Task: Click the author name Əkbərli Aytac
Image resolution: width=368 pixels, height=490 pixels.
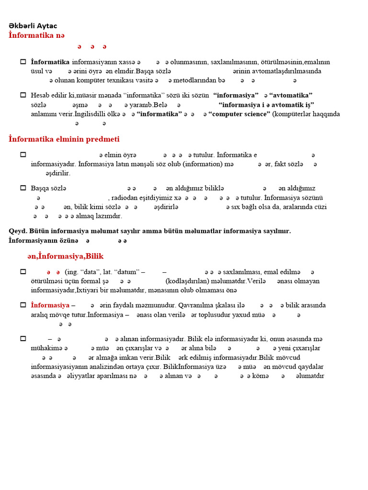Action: point(33,26)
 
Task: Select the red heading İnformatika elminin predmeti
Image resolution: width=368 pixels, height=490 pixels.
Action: point(64,139)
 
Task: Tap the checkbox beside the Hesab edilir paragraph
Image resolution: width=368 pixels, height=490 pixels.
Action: point(23,95)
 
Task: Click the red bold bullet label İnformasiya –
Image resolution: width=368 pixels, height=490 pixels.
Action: point(53,305)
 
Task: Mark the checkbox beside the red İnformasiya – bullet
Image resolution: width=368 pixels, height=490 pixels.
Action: point(23,304)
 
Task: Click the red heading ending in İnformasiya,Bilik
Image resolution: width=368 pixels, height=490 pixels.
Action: point(66,256)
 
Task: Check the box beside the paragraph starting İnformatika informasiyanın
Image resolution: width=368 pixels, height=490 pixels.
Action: point(23,62)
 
